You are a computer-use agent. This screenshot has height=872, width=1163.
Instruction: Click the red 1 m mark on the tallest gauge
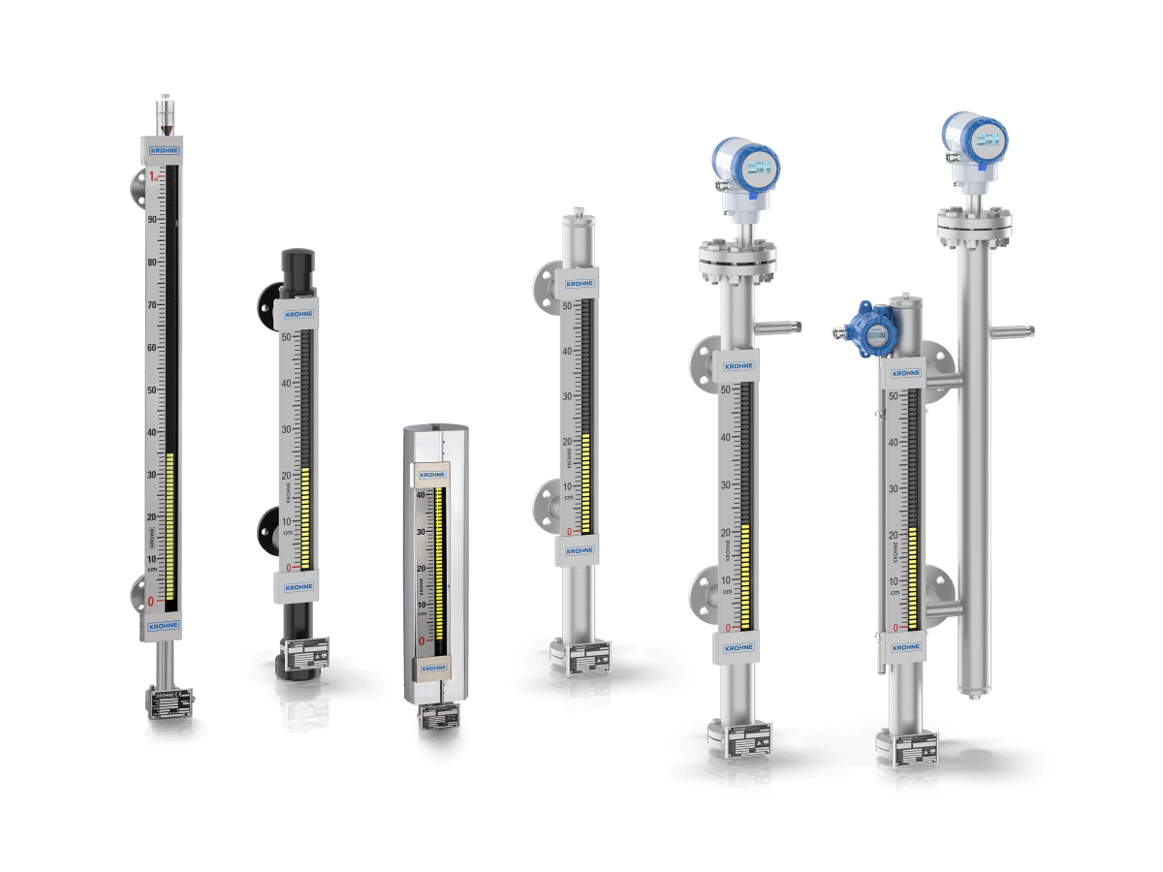(x=152, y=176)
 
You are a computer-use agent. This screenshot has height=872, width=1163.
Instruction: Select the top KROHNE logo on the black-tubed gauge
(x=298, y=315)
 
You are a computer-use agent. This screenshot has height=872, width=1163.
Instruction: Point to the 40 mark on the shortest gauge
(x=422, y=495)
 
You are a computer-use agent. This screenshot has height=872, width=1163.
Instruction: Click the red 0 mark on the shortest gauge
(x=422, y=640)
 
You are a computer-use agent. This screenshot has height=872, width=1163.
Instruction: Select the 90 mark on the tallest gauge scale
(x=152, y=220)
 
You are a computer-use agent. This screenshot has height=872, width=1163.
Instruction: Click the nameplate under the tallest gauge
(x=170, y=701)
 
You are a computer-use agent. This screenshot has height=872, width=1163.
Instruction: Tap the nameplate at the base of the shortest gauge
(x=438, y=718)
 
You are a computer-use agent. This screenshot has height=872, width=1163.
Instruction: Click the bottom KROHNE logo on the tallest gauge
(x=163, y=626)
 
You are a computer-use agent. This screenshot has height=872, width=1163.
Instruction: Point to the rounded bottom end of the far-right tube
(x=974, y=690)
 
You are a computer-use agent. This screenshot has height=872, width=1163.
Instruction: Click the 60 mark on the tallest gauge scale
(x=152, y=348)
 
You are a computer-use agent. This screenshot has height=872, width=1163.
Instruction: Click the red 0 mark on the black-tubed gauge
(x=287, y=567)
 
